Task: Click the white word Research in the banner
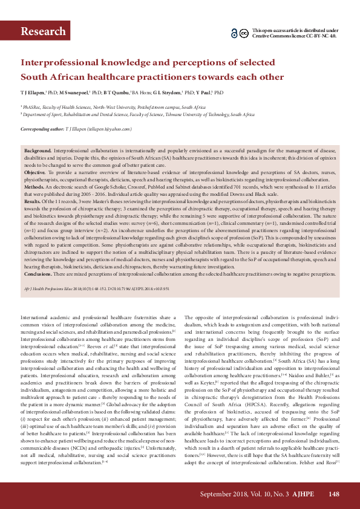point(43,31)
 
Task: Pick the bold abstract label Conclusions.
point(39,274)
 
